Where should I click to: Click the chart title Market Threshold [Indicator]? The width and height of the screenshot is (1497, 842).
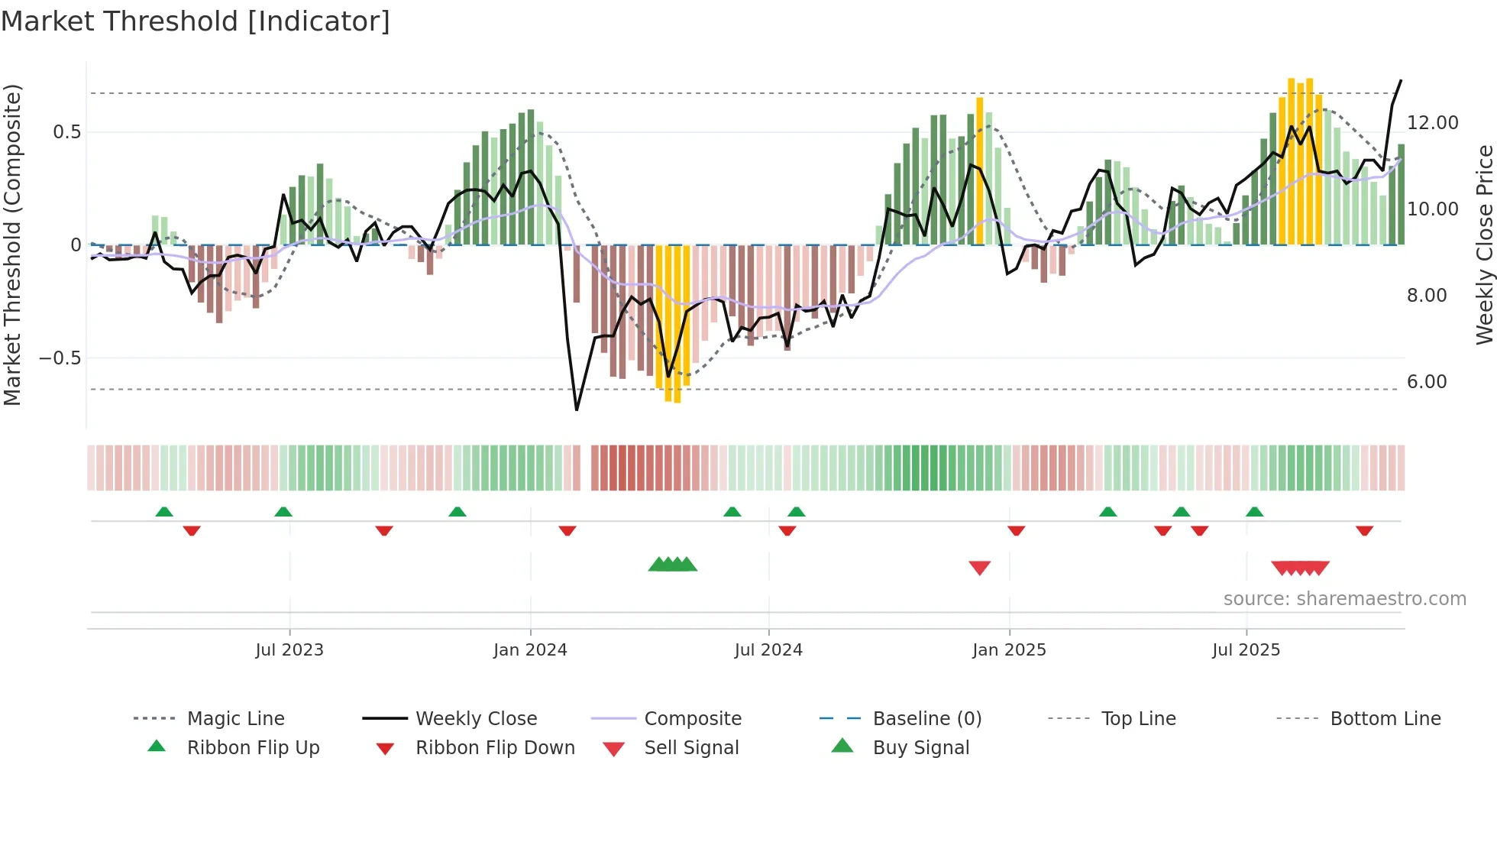(196, 21)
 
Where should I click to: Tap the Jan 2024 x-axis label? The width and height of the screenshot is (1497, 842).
(530, 650)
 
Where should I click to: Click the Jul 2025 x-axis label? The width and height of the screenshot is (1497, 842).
(1246, 650)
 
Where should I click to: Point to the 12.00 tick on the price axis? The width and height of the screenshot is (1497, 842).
(1432, 122)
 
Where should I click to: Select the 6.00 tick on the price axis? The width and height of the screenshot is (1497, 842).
(1426, 381)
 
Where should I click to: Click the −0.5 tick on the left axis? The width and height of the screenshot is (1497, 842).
(60, 358)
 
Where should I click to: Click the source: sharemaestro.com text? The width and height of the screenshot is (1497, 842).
(1344, 598)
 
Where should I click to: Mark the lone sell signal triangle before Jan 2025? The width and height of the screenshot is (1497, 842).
(979, 567)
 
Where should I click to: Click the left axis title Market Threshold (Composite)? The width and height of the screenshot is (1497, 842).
(12, 245)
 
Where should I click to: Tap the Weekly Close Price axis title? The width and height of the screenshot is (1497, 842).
(1484, 245)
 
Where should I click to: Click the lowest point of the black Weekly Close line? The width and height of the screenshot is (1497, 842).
(577, 410)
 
